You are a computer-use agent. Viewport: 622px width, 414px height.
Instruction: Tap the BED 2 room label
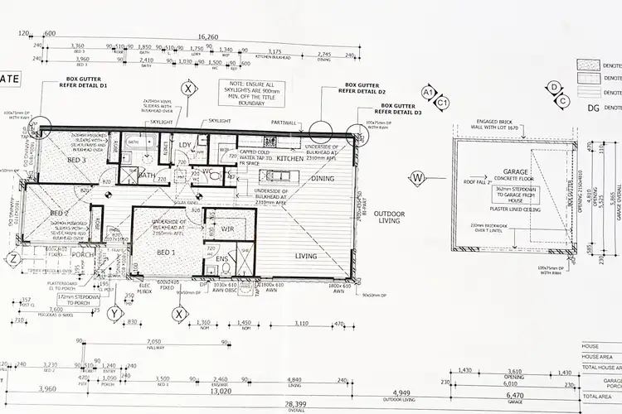[x=59, y=213]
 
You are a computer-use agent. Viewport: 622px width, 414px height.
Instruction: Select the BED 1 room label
[x=167, y=252]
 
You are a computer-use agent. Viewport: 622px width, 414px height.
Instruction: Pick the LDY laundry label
[x=186, y=146]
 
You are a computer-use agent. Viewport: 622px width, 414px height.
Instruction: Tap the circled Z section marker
[x=12, y=259]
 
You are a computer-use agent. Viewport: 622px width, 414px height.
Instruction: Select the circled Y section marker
[x=114, y=312]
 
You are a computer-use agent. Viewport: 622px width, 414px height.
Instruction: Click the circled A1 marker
[x=430, y=91]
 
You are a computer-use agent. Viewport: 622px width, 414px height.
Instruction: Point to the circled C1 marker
[x=443, y=103]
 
